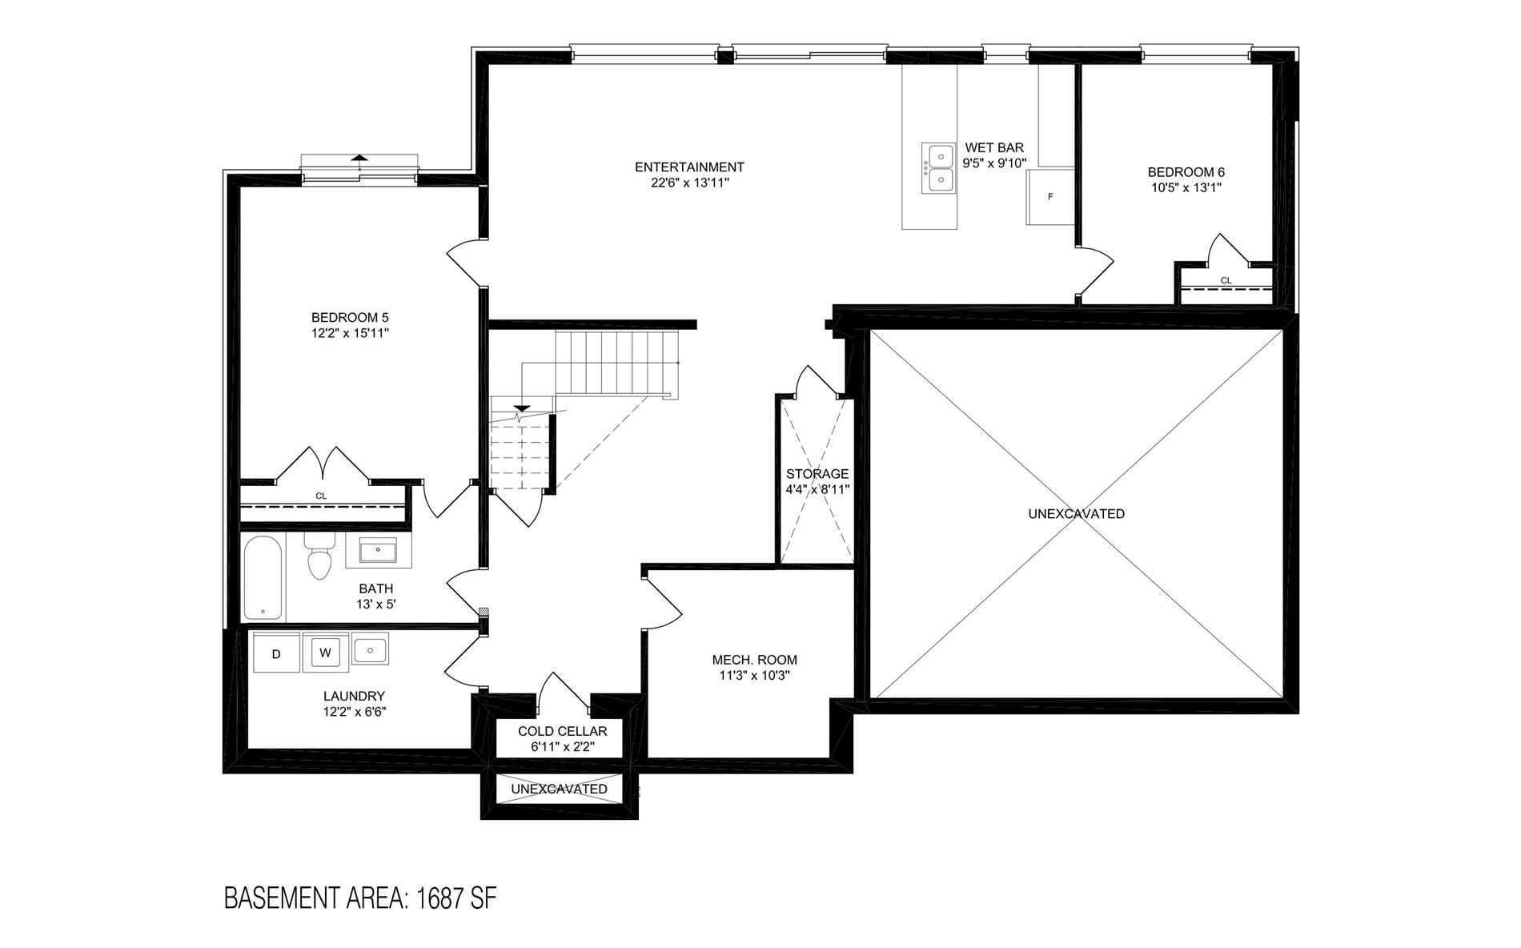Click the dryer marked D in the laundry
(276, 653)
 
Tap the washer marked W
(325, 653)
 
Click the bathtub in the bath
(263, 577)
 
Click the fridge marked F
(1050, 197)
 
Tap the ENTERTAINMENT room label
(689, 167)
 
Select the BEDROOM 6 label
(1186, 172)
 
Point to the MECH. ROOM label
(754, 660)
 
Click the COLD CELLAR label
(562, 731)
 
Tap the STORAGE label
(817, 474)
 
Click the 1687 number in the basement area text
(438, 898)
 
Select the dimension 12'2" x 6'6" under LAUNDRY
(354, 711)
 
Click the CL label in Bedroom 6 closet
(1226, 280)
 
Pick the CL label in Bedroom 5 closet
(321, 496)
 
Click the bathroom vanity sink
(379, 551)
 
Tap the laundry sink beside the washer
(369, 650)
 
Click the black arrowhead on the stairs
(521, 408)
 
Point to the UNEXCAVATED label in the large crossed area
(1076, 514)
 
